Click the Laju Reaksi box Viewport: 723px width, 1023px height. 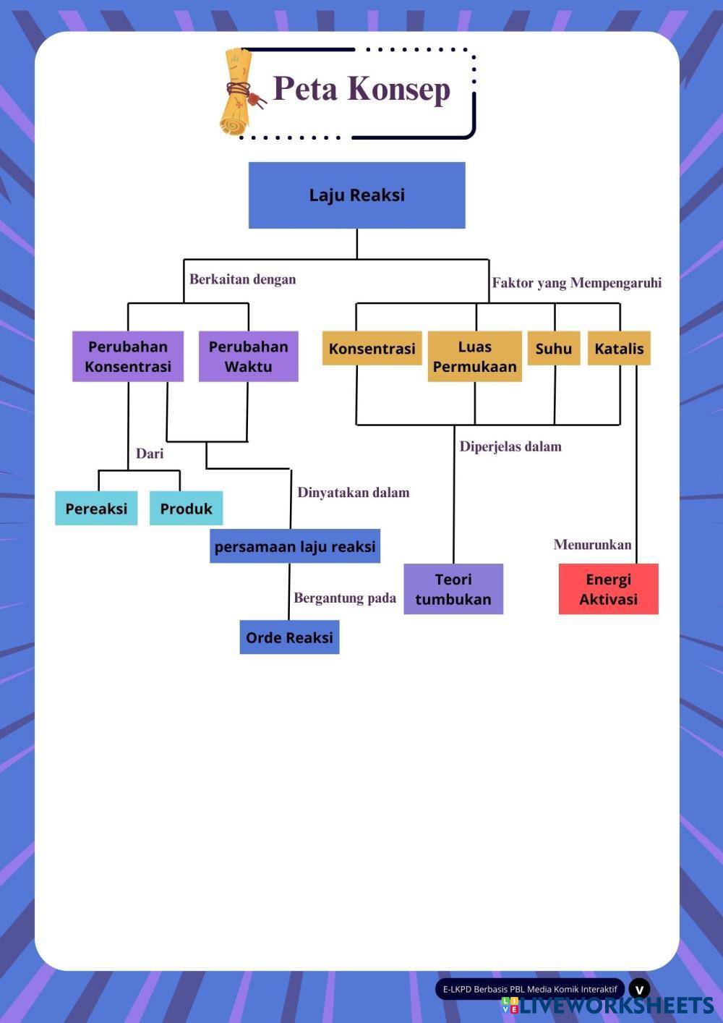point(356,195)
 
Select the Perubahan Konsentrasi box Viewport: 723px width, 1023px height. point(128,357)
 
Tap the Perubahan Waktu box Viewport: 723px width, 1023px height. point(248,357)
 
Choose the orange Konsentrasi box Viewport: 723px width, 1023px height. point(372,349)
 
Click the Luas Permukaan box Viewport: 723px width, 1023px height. point(474,357)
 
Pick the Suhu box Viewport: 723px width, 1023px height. point(554,349)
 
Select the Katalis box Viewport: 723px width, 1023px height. point(619,349)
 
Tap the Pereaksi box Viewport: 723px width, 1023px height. point(96,509)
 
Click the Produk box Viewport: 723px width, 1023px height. point(186,509)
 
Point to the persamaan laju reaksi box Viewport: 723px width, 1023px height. point(295,546)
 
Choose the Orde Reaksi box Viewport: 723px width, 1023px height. point(289,637)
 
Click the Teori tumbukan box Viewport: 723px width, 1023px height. point(453,589)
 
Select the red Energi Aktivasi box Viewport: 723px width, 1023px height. point(608,589)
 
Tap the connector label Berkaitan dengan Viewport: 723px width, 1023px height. point(242,279)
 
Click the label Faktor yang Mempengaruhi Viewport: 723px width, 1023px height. point(576,283)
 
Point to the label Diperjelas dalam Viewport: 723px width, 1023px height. point(510,446)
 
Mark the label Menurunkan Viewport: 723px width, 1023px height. point(592,545)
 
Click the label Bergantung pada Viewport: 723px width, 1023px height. point(345,598)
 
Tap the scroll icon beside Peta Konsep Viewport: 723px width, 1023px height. point(239,92)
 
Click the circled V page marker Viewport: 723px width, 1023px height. point(639,989)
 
